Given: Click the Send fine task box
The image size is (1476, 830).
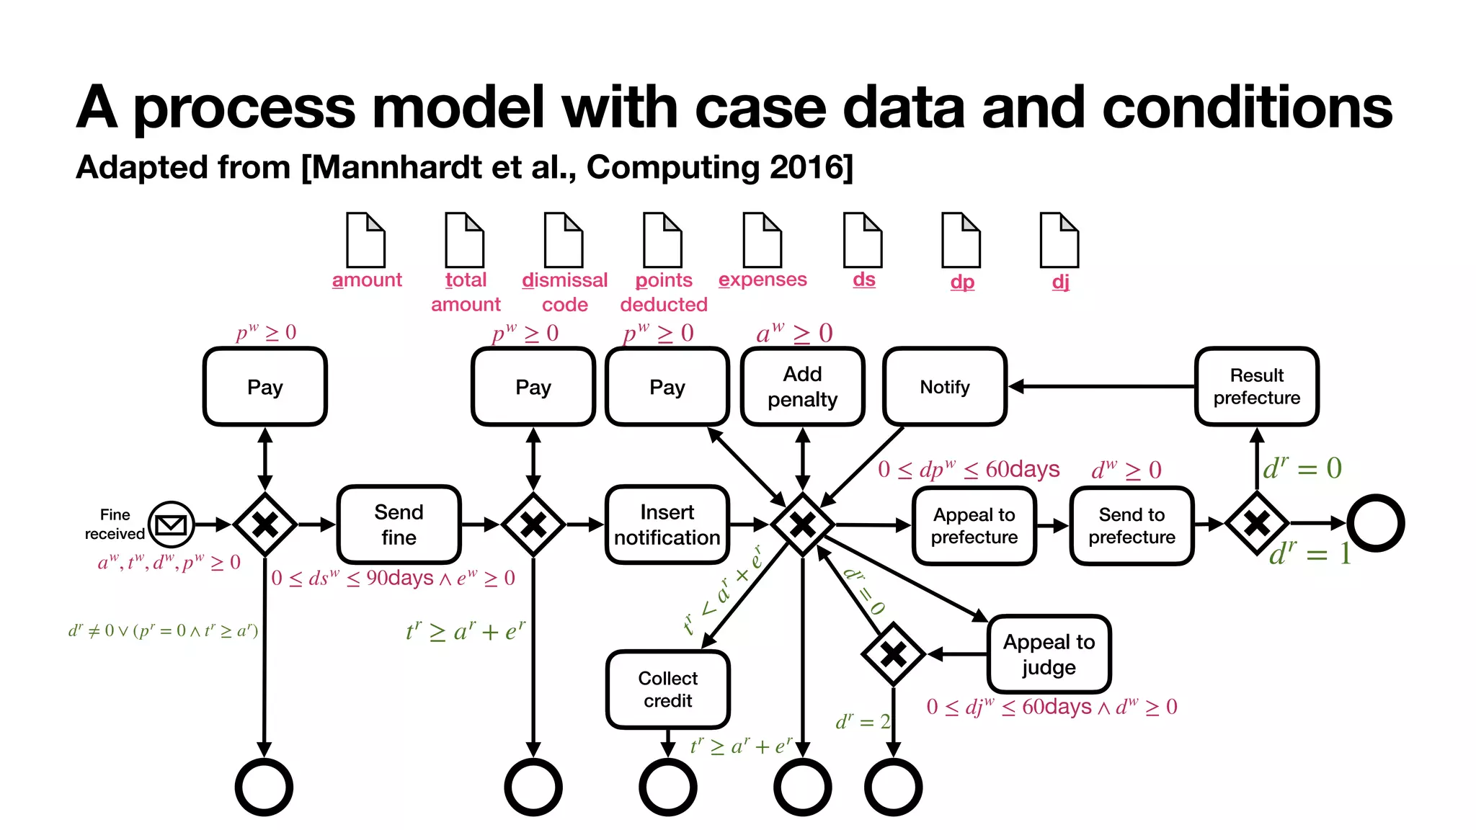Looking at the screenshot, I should click(x=399, y=525).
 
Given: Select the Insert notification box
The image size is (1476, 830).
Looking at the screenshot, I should click(x=667, y=525).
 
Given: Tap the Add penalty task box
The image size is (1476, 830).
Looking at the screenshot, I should click(x=802, y=387).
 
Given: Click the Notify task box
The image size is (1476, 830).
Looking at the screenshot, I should click(x=944, y=387).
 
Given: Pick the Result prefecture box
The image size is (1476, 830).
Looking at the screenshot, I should click(x=1256, y=387).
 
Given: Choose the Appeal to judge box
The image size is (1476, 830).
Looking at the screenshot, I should click(x=1049, y=654).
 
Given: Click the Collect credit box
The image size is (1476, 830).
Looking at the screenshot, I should click(x=667, y=690).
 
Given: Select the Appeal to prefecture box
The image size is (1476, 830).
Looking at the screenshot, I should click(x=974, y=526).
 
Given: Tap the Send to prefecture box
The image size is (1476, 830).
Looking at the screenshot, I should click(x=1132, y=526).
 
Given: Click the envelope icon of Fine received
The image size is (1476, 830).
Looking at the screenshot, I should click(x=172, y=524).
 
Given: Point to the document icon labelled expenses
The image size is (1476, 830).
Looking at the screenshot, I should click(x=763, y=240).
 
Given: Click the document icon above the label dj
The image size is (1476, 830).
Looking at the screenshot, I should click(x=1059, y=240).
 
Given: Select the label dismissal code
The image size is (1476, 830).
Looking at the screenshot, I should click(x=564, y=292).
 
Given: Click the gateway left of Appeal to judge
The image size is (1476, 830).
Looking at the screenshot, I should click(x=893, y=654).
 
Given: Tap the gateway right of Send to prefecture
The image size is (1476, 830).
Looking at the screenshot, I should click(x=1257, y=524).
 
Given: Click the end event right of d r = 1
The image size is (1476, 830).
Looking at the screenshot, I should click(x=1375, y=523).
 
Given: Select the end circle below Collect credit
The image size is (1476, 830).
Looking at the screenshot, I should click(x=667, y=787).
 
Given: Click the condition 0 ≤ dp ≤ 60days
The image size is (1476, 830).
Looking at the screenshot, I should click(x=969, y=470).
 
